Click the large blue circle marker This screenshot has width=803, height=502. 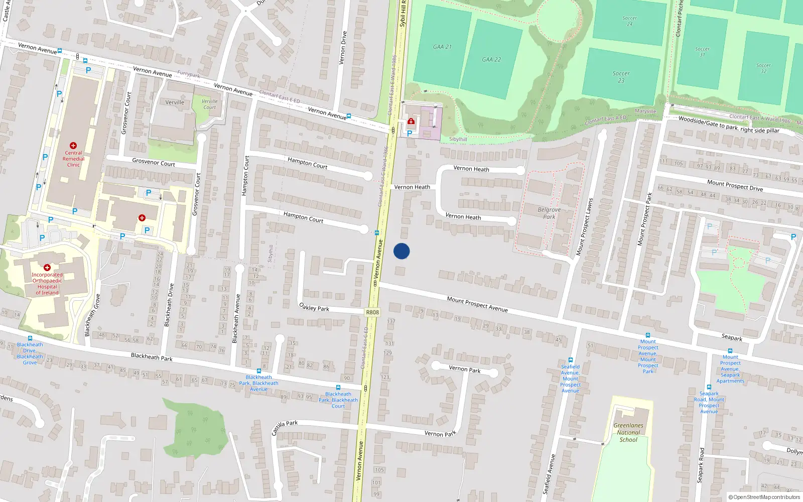click(401, 251)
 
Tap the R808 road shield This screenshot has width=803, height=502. click(372, 312)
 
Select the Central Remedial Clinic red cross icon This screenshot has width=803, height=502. click(73, 146)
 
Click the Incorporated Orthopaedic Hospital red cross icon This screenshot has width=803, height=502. click(47, 268)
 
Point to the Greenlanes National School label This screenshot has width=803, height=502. click(628, 432)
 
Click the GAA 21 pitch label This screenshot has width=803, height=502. click(442, 47)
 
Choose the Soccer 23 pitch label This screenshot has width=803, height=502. click(621, 77)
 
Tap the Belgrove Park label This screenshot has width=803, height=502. click(549, 213)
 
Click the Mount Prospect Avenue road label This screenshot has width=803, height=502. click(477, 304)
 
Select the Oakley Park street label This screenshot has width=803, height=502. click(314, 307)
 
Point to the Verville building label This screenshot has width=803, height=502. click(175, 102)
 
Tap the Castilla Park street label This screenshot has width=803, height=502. click(285, 428)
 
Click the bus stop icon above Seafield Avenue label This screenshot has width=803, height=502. click(570, 360)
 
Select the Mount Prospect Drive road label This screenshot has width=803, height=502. click(735, 186)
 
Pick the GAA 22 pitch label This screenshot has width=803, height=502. click(491, 59)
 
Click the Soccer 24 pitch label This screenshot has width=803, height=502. click(630, 21)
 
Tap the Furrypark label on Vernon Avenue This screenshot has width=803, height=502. click(188, 74)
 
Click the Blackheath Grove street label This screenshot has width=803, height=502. click(91, 315)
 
